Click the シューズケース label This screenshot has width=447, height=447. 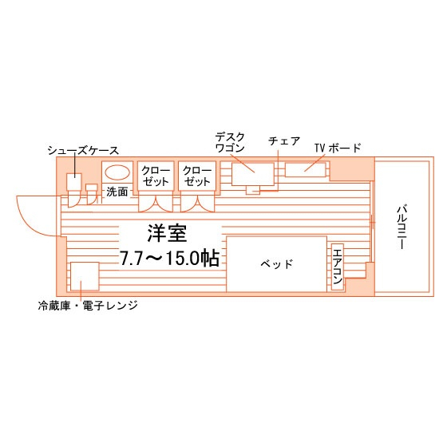83,151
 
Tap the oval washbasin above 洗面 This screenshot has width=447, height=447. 117,172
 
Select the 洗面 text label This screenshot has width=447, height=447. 117,192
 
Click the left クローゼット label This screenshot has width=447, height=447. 156,176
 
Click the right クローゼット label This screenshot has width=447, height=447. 197,176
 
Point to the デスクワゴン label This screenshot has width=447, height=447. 230,143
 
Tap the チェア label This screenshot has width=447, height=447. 284,140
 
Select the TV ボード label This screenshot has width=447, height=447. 338,148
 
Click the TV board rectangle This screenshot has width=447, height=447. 305,170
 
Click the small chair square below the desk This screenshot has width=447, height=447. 253,190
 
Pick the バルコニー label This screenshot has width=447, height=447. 402,227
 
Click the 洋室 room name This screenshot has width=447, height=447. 167,233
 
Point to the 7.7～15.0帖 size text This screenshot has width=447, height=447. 169,258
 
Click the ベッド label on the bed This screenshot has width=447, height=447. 276,264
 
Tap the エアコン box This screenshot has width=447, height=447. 338,267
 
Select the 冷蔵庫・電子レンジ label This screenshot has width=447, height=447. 88,306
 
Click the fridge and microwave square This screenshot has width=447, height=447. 85,276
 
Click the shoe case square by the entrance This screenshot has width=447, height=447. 74,182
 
